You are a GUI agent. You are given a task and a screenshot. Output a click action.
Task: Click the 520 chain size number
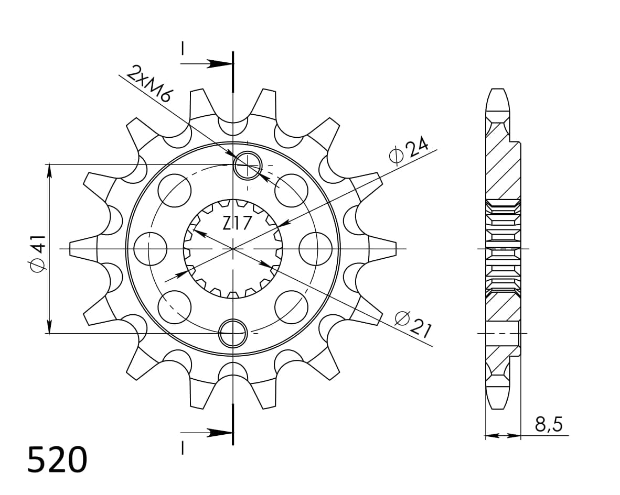(57, 460)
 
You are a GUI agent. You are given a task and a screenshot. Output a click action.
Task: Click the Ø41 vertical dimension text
(38, 253)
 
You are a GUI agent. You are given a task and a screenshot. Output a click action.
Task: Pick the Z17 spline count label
(237, 224)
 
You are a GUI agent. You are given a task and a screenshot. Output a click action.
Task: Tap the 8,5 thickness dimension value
(549, 424)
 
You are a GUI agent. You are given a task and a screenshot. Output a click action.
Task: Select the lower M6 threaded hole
(232, 332)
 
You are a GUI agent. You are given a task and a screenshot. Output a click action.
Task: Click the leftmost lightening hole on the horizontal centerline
(150, 248)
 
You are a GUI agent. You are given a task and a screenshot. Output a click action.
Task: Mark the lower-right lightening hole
(291, 306)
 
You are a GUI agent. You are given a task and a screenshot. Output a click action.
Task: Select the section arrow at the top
(215, 64)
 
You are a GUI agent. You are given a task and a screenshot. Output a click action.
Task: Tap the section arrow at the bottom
(215, 433)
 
